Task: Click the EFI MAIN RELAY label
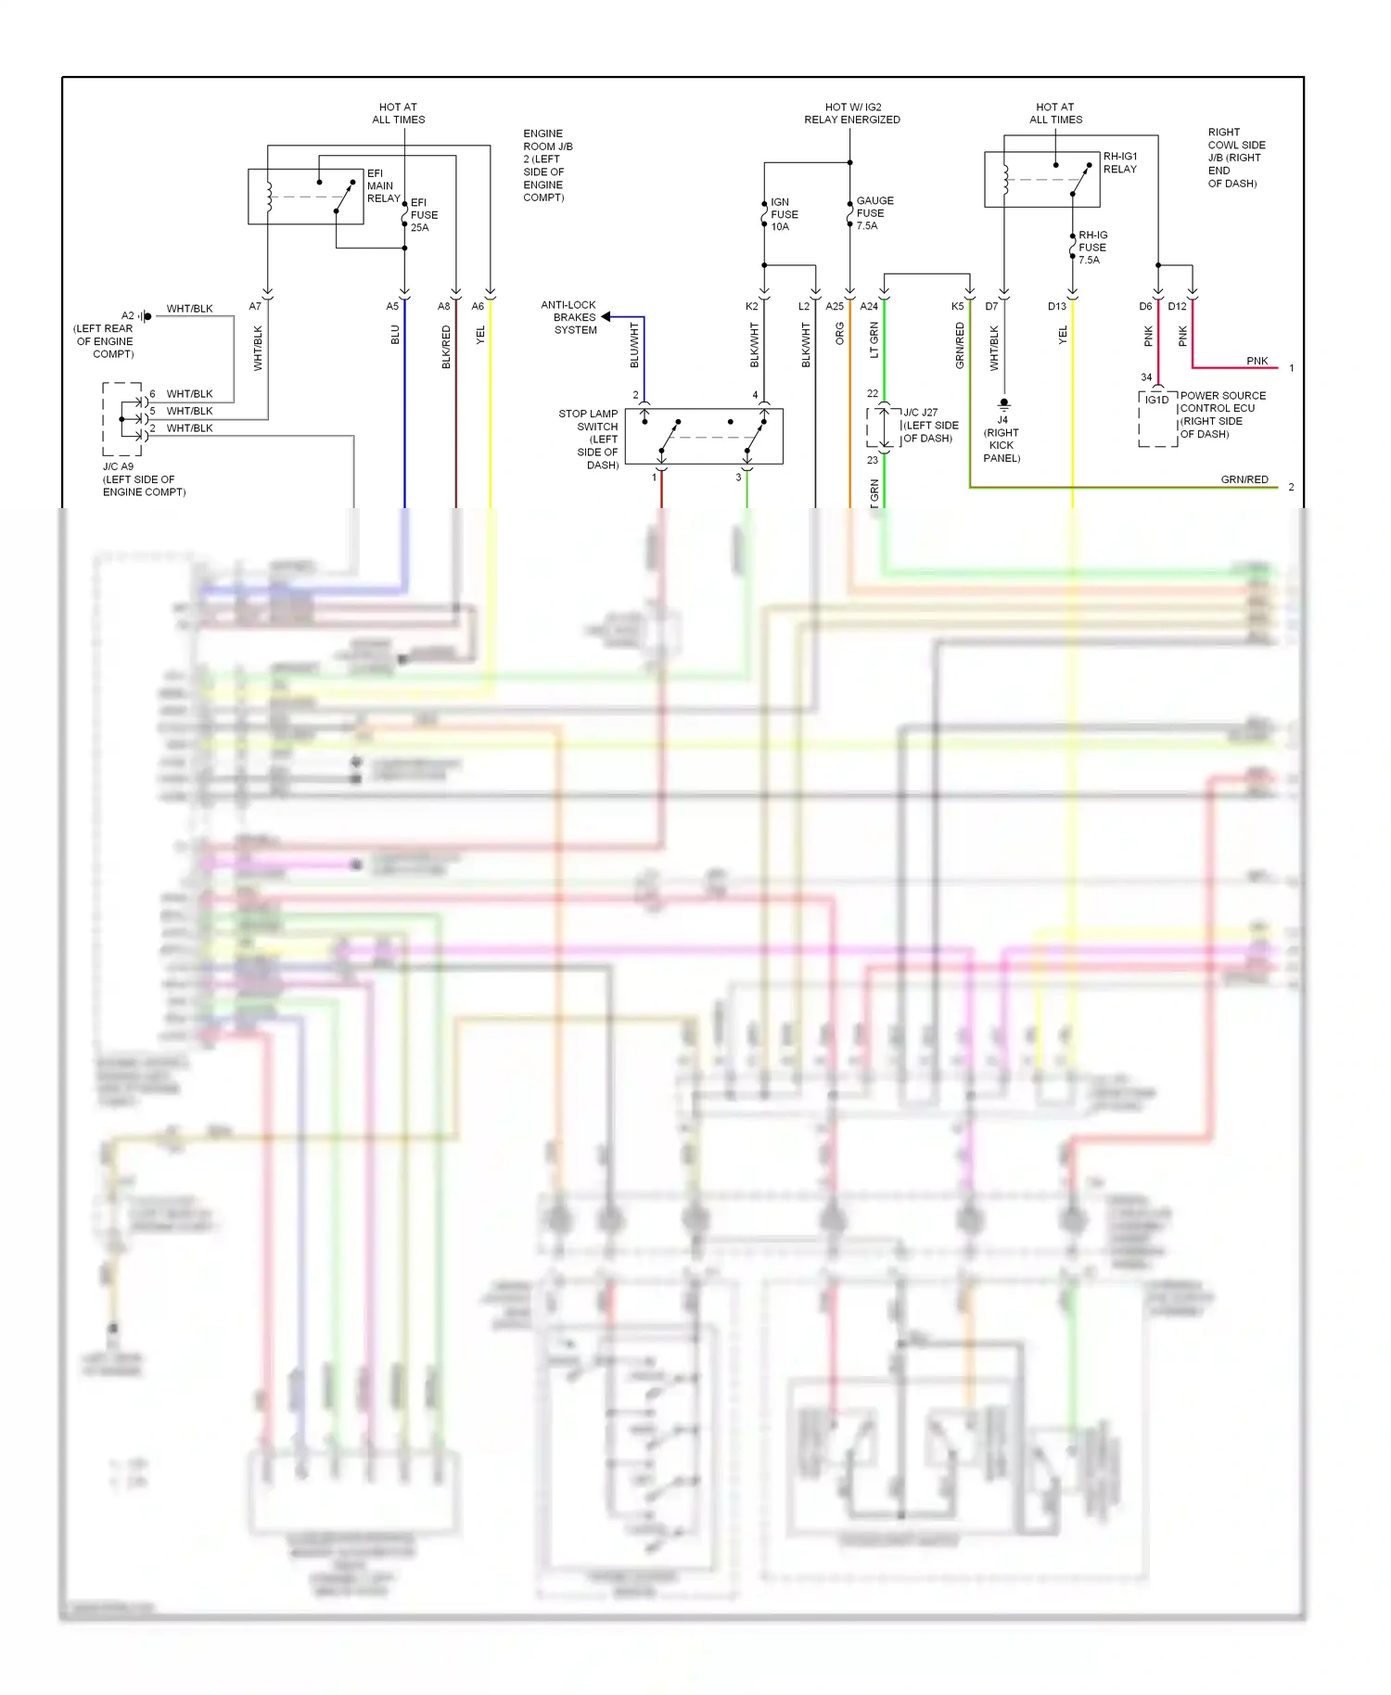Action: point(382,185)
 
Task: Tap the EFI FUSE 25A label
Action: point(423,214)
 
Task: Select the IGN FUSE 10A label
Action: point(784,214)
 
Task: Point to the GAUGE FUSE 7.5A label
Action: point(874,212)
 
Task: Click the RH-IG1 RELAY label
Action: point(1119,162)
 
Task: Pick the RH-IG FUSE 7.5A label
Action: point(1091,248)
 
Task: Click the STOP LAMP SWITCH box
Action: point(704,436)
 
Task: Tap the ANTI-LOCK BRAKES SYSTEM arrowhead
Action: point(606,317)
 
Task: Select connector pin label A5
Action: point(392,306)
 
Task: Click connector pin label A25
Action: point(835,306)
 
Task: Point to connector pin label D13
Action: point(1057,306)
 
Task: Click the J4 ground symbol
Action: point(1003,404)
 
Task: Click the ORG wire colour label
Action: point(839,334)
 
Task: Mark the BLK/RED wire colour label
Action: point(446,347)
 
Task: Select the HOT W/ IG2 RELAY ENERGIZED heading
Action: point(851,113)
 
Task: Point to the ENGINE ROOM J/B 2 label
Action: point(547,165)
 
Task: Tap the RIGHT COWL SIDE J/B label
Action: point(1235,158)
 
